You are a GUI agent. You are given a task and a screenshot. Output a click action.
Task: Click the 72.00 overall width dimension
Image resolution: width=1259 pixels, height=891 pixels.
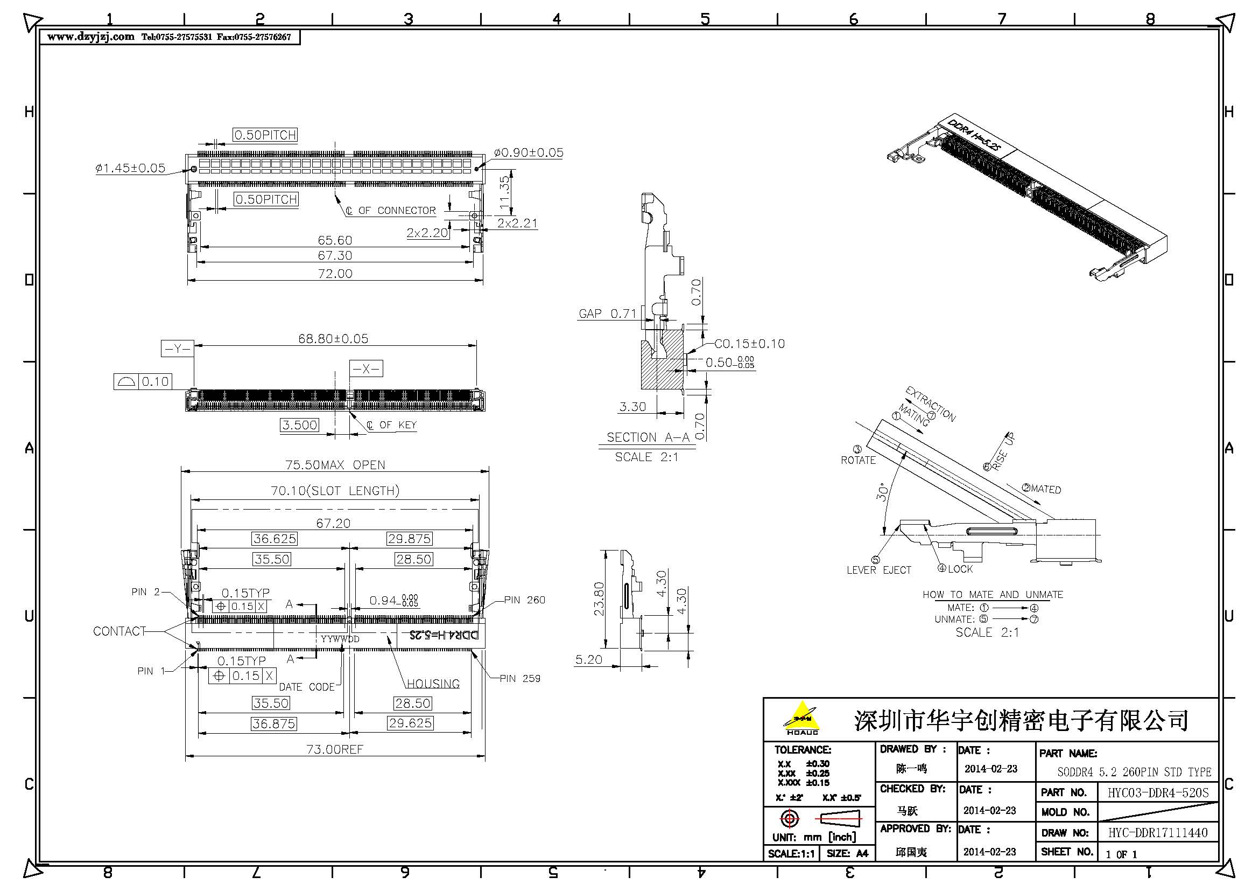click(335, 273)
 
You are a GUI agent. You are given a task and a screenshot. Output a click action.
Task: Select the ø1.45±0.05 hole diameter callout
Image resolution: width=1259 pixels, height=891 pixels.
click(130, 168)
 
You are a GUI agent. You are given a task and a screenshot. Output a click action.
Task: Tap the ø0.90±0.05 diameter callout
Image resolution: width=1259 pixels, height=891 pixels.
click(529, 152)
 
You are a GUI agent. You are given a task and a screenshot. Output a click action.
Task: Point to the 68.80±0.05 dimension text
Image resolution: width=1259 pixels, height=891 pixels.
click(333, 338)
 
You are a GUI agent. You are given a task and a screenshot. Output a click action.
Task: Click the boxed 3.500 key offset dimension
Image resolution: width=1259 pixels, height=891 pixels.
click(299, 424)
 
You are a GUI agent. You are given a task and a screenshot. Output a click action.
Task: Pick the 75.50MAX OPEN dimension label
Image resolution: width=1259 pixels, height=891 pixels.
click(335, 465)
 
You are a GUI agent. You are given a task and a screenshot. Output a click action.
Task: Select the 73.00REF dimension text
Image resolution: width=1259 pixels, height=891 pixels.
click(334, 749)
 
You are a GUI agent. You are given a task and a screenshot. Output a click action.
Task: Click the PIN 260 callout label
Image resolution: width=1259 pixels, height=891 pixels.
click(525, 600)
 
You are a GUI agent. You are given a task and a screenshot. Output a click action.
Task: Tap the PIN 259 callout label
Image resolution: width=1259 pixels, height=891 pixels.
click(520, 679)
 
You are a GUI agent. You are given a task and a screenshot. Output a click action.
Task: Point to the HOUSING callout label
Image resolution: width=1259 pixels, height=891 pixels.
click(433, 684)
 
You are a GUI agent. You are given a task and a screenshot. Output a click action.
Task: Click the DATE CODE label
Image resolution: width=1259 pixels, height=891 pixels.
click(306, 687)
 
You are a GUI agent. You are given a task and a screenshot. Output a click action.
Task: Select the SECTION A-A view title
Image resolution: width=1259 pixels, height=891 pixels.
click(648, 437)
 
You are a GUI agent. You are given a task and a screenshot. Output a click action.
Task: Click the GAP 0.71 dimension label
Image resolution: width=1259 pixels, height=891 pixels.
click(607, 314)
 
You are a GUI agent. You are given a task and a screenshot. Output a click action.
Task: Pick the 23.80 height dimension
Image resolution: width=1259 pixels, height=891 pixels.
click(599, 598)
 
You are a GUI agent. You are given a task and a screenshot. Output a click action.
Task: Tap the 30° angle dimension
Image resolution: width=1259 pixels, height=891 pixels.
click(882, 492)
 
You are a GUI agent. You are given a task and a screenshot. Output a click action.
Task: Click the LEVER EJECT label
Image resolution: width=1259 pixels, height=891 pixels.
click(878, 570)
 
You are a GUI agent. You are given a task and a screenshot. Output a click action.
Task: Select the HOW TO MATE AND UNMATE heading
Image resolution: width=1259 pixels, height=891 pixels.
click(993, 594)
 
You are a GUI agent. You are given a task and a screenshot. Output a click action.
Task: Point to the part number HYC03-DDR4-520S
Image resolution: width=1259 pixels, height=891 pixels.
click(1158, 792)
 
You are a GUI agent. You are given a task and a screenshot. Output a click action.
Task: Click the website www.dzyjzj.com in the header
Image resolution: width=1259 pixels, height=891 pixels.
click(90, 37)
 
